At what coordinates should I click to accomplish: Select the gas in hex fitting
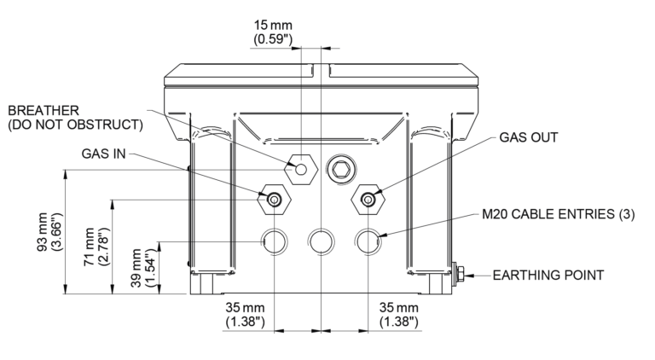coord(275,199)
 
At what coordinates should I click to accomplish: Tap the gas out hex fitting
coord(368,199)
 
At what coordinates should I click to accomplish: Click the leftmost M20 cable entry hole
coord(274,241)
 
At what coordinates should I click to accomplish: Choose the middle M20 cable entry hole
coord(321,241)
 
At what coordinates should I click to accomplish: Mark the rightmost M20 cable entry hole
coord(368,241)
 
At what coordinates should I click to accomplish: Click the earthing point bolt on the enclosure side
coord(460,275)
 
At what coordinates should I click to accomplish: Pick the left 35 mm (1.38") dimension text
coord(246,314)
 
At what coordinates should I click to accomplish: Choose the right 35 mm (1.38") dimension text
coord(397,314)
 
